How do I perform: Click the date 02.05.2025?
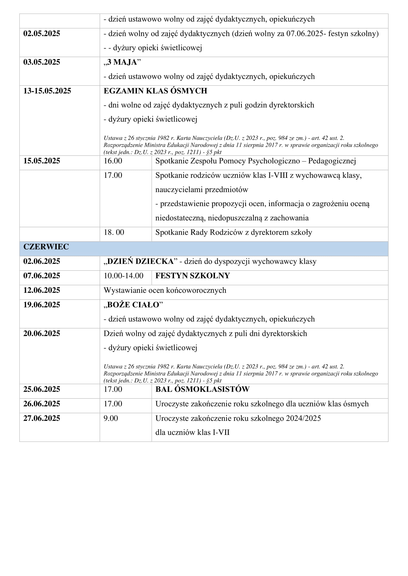42,34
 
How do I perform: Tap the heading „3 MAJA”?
122,62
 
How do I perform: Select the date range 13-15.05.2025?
47,91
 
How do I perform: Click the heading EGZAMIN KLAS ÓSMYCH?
155,91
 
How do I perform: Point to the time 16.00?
113,161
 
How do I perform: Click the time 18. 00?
114,232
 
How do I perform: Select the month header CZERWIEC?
46,247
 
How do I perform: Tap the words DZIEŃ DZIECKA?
140,262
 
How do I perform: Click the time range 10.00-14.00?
123,276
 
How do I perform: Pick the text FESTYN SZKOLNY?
192,276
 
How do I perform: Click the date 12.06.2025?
42,290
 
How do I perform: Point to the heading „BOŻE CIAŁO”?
133,305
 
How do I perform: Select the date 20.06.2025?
42,333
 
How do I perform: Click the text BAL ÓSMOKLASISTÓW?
202,389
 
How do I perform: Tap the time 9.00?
111,418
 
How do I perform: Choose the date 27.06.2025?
42,418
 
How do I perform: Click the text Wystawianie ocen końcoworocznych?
165,290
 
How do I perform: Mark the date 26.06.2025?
42,404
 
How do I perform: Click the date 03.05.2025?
42,62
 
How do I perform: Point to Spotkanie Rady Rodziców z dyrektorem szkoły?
234,232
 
